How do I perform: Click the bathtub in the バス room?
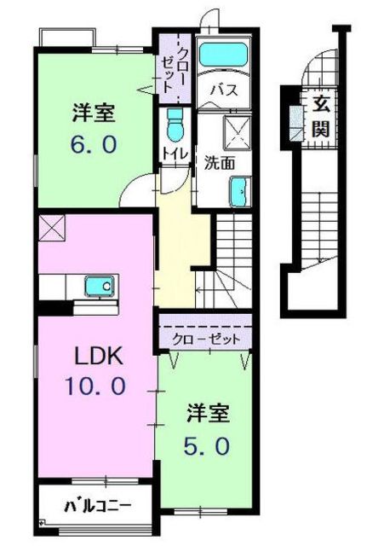(223, 54)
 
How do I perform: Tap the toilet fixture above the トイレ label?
(175, 125)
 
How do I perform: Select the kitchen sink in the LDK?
(100, 287)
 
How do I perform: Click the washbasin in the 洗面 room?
(240, 192)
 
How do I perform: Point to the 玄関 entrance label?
(320, 118)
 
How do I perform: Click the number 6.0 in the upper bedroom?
(94, 144)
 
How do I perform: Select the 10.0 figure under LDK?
(95, 386)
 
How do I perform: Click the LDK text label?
(99, 356)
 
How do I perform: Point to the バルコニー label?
(98, 506)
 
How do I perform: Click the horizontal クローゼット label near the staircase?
(206, 340)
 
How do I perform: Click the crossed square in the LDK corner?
(52, 229)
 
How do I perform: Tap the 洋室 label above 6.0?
(94, 113)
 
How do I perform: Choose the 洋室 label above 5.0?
(209, 413)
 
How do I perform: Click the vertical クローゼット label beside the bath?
(174, 69)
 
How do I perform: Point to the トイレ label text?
(175, 154)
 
